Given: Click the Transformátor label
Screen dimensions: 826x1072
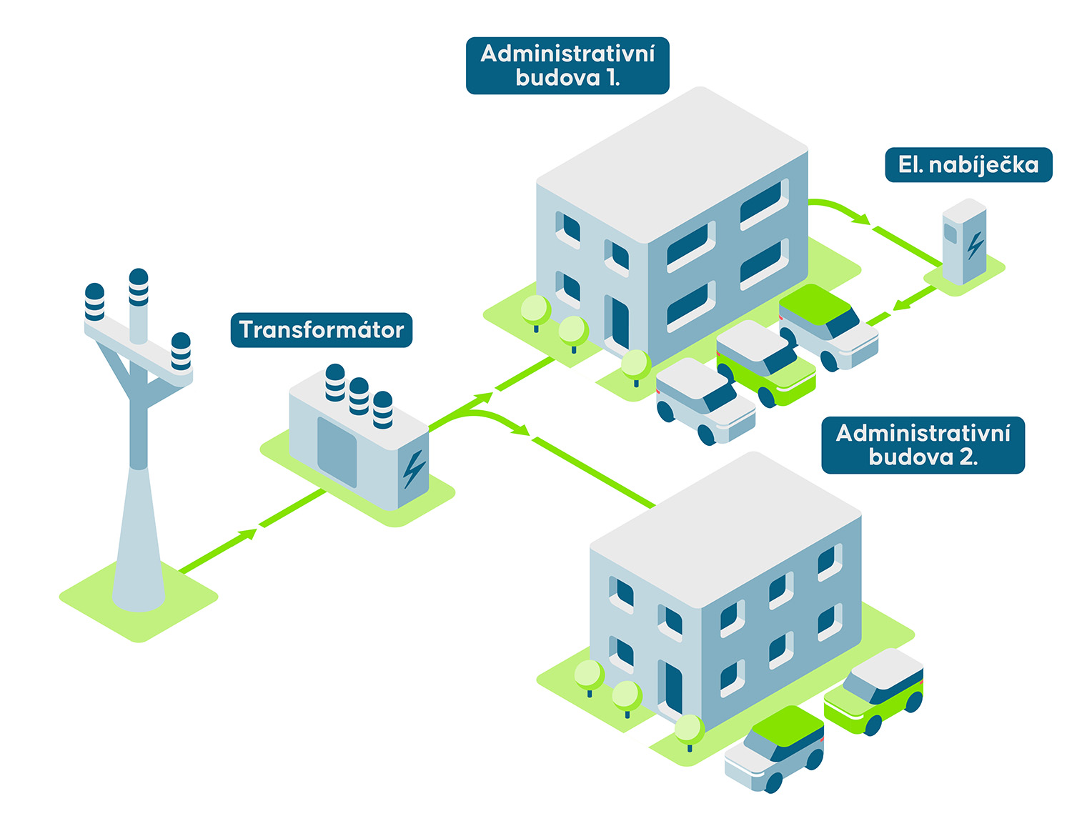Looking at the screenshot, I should coord(322,330).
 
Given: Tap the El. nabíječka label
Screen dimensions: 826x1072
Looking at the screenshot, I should coord(968,165).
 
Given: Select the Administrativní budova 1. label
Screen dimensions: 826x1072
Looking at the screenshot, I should coord(567,66).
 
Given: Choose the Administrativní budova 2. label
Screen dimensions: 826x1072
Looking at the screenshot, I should coord(923,445).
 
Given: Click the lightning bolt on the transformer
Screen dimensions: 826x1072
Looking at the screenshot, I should coord(413,469).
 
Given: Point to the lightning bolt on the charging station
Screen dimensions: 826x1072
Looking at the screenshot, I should coord(975,244).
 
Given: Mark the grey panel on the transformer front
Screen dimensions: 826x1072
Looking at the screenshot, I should coord(337,452).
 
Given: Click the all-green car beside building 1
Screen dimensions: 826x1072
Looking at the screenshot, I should coord(765,364).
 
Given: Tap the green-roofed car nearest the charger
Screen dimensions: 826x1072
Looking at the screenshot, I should coord(828,326).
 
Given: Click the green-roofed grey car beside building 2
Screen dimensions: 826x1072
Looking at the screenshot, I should coord(775,749).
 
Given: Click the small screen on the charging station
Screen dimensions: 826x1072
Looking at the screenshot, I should coord(951,233).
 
